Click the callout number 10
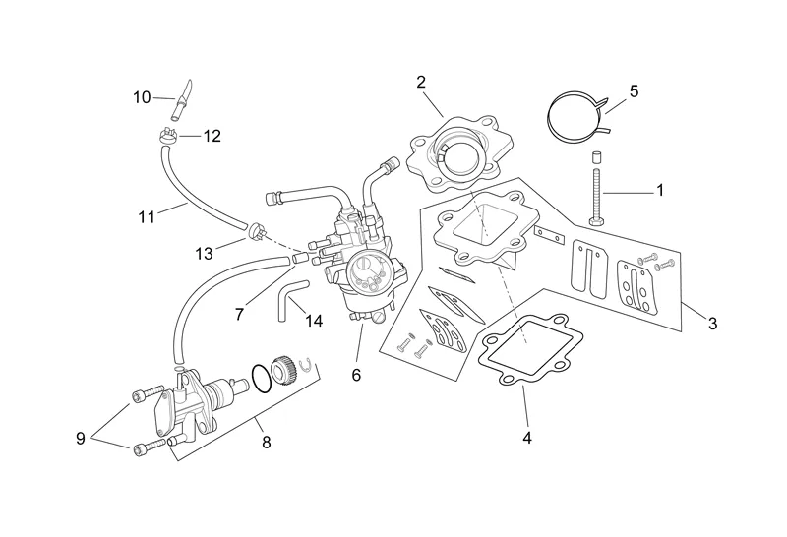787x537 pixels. tap(142, 96)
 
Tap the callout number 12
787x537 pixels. tap(212, 137)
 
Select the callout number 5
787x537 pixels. tap(634, 91)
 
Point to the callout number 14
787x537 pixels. tap(314, 321)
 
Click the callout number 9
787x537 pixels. tap(81, 439)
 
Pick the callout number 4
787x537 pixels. tap(527, 438)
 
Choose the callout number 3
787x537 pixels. tap(712, 324)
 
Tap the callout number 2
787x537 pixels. tap(421, 82)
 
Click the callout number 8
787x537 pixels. tap(266, 443)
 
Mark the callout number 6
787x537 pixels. tap(356, 375)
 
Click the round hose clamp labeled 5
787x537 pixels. tap(576, 116)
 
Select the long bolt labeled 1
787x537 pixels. tap(597, 192)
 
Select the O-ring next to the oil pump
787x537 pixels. tap(258, 377)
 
